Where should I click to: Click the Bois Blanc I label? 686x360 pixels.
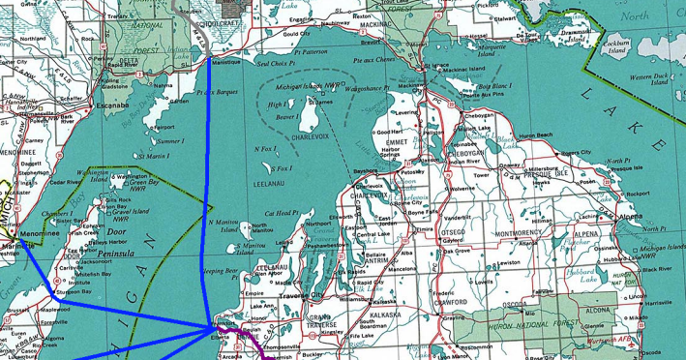(x=493, y=87)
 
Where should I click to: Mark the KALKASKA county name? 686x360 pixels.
(x=385, y=316)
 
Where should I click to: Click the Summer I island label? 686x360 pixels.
(x=170, y=141)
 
